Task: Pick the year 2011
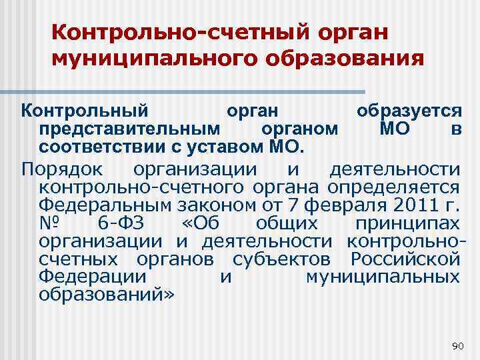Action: point(409,203)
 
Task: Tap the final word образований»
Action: point(106,294)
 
